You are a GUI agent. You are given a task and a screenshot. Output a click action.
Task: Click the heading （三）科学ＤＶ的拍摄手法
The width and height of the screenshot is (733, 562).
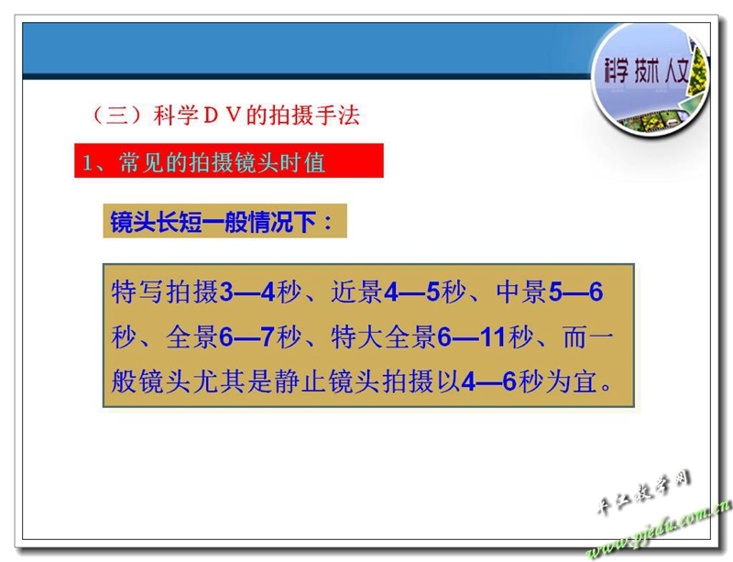pos(225,116)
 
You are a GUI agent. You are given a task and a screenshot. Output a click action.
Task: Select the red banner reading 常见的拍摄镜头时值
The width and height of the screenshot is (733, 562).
pos(229,160)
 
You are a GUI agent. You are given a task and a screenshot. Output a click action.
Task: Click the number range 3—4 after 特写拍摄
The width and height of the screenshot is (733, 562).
pos(247,292)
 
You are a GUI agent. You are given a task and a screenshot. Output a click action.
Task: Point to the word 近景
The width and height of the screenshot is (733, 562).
pos(356,292)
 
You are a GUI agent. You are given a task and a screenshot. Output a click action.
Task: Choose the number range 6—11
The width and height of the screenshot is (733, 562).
pos(472,336)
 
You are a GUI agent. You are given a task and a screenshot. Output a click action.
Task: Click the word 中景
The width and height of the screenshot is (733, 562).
pos(521,292)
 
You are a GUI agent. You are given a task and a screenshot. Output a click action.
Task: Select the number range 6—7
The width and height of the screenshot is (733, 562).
pos(246,336)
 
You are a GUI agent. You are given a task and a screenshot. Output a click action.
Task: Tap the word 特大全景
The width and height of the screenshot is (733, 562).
pos(383,336)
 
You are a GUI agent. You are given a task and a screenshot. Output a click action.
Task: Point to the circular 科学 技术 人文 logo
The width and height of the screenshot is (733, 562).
pos(651,79)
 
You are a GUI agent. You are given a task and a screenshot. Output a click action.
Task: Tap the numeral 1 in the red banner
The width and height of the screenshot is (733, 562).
pos(86,163)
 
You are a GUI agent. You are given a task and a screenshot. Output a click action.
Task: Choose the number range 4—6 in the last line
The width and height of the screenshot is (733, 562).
pos(488,381)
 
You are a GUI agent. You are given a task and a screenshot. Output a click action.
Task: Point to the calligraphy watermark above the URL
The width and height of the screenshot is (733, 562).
pos(643,492)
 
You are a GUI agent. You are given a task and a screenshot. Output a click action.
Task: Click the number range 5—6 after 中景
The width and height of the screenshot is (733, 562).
pos(576,292)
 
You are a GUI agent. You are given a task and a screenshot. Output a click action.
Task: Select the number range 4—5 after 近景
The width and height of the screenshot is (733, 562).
pos(411,292)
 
